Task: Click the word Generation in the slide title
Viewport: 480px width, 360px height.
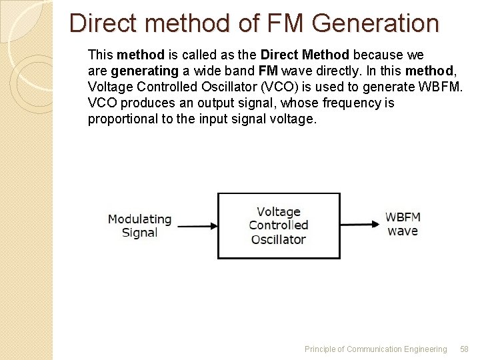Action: click(375, 23)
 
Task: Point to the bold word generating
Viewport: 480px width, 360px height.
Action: click(145, 70)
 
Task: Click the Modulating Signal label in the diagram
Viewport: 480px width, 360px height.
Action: click(140, 225)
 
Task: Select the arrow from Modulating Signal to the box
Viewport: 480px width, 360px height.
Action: click(197, 226)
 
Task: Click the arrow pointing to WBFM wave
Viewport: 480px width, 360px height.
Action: click(360, 225)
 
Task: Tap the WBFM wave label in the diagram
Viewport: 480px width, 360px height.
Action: click(403, 224)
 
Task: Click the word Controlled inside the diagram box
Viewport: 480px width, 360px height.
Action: click(279, 225)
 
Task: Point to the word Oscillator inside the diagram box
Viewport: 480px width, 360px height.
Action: click(279, 239)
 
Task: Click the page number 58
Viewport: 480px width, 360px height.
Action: click(465, 349)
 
